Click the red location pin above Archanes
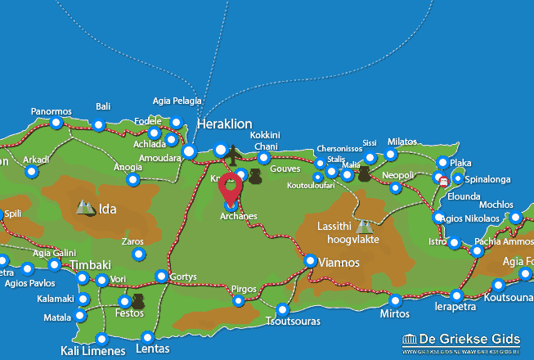click(x=231, y=188)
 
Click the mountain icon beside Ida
click(x=85, y=209)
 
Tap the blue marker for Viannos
click(x=311, y=260)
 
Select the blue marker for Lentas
click(x=147, y=337)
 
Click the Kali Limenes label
click(x=93, y=352)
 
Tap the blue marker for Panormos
click(x=56, y=123)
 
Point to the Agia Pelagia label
click(x=176, y=101)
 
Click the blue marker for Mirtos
click(x=395, y=300)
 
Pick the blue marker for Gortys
click(x=162, y=276)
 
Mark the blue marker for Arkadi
click(x=31, y=172)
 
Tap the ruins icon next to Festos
click(x=137, y=301)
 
